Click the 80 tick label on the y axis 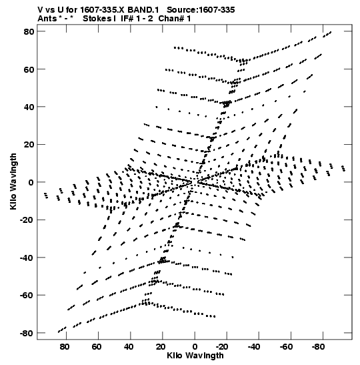pos(29,31)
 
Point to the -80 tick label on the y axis pos(27,333)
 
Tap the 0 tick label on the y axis pos(31,182)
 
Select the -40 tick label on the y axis pos(27,258)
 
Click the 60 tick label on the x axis pos(96,347)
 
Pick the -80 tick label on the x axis pos(318,347)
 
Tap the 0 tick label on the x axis pos(195,347)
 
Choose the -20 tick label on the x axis pos(221,347)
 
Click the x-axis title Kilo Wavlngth pos(195,356)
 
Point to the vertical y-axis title pos(13,181)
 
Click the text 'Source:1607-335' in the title pos(201,10)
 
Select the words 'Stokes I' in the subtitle pos(99,19)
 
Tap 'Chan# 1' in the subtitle pos(175,19)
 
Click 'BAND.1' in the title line pos(143,10)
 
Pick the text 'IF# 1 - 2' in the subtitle pos(137,19)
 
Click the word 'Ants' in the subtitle pos(47,19)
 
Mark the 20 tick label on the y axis pos(29,145)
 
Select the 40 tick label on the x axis pos(129,347)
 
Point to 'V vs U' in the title pos(51,10)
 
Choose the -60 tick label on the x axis pos(285,347)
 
